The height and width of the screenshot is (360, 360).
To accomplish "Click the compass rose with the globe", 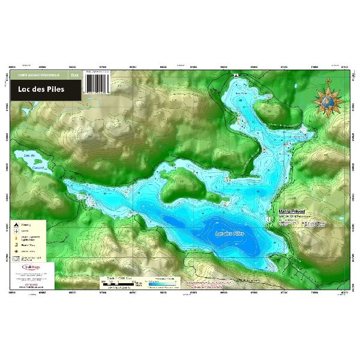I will tap(328, 100).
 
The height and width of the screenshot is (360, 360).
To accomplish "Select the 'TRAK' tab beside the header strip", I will tap(74, 75).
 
